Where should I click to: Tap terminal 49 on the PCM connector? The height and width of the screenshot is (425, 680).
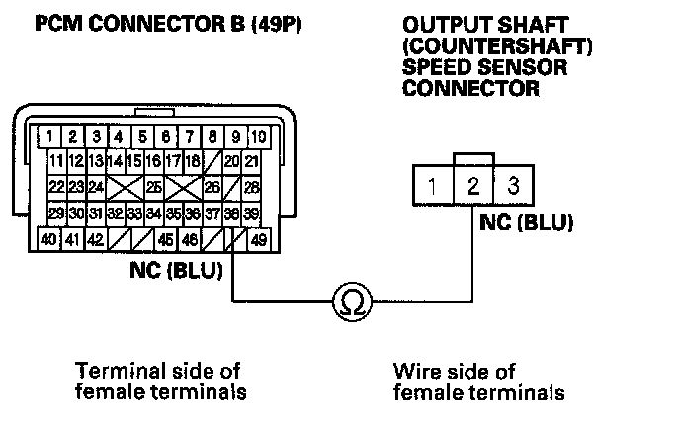pyautogui.click(x=258, y=238)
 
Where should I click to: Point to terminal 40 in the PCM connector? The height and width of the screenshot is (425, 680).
pyautogui.click(x=45, y=238)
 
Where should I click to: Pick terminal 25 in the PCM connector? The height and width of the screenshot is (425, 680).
pyautogui.click(x=153, y=185)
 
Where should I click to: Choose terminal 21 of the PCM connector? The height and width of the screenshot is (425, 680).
pyautogui.click(x=253, y=160)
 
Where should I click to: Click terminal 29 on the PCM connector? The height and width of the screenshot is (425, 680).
pyautogui.click(x=56, y=212)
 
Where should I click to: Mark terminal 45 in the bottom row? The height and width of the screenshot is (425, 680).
pyautogui.click(x=166, y=238)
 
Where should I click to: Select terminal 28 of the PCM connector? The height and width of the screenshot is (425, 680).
pyautogui.click(x=253, y=185)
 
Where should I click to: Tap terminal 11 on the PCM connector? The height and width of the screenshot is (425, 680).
pyautogui.click(x=56, y=160)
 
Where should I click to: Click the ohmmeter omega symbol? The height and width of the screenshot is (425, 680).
pyautogui.click(x=351, y=300)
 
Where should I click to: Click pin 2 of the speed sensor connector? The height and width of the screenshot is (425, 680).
pyautogui.click(x=474, y=185)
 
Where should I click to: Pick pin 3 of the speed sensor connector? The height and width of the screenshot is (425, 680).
pyautogui.click(x=512, y=185)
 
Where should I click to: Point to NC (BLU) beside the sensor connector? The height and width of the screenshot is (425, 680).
pyautogui.click(x=527, y=222)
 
